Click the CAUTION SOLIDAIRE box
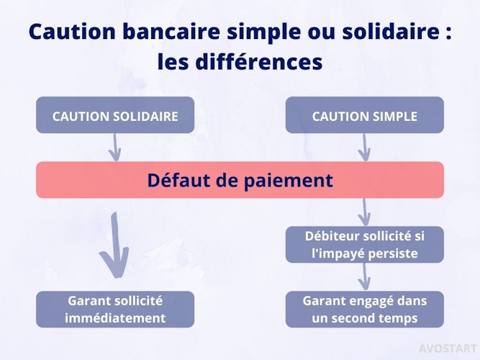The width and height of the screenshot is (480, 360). click(115, 115)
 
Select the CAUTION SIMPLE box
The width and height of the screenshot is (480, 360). click(365, 115)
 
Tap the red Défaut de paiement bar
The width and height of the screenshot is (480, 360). click(240, 180)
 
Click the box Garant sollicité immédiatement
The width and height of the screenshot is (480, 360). click(115, 310)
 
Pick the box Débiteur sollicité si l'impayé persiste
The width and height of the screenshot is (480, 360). click(365, 245)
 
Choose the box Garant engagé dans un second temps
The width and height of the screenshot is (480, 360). click(365, 310)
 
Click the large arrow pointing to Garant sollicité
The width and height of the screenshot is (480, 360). click(115, 245)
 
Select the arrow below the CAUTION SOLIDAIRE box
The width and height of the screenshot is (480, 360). click(115, 148)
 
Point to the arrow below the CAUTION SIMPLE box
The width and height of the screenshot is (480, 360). click(364, 148)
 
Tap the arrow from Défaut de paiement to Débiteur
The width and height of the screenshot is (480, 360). click(364, 212)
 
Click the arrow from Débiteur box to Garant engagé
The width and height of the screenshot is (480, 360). click(364, 277)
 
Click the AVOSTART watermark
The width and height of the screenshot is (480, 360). click(448, 348)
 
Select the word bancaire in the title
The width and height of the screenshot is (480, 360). click(171, 31)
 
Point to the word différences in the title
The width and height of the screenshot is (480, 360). click(259, 62)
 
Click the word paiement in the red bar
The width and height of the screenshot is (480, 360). click(288, 181)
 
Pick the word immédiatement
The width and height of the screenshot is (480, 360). click(115, 318)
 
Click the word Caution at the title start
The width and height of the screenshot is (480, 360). click(72, 31)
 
